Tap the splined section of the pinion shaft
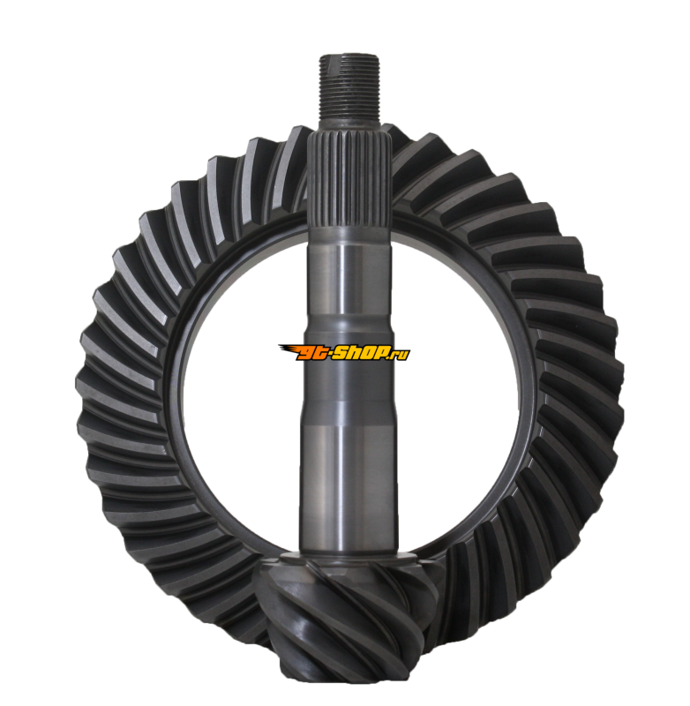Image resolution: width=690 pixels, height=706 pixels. (349, 180)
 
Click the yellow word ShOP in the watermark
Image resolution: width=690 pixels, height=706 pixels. (360, 353)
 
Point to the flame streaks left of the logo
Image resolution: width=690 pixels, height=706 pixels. (288, 349)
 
